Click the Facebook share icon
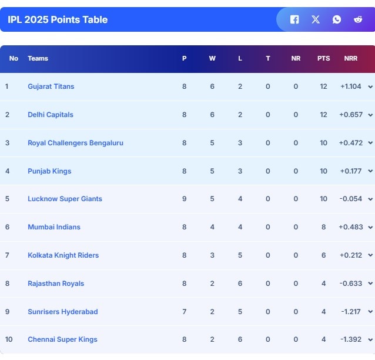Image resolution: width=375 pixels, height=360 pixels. pyautogui.click(x=294, y=19)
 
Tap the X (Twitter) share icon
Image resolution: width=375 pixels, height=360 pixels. pyautogui.click(x=316, y=19)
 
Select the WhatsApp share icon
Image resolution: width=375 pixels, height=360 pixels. pyautogui.click(x=337, y=19)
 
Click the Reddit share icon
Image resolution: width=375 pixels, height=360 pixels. pyautogui.click(x=358, y=19)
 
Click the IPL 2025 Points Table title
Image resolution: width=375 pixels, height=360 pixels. pyautogui.click(x=58, y=19)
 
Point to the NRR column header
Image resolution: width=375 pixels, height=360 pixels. pyautogui.click(x=351, y=58)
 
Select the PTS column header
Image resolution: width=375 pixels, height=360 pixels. pyautogui.click(x=323, y=58)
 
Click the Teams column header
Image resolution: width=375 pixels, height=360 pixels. pyautogui.click(x=38, y=58)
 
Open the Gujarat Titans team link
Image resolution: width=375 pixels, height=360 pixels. pyautogui.click(x=51, y=86)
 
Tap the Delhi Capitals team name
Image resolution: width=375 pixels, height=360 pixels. pyautogui.click(x=51, y=115)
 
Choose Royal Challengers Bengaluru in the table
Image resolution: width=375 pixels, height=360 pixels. pyautogui.click(x=75, y=143)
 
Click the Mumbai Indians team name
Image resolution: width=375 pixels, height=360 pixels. pyautogui.click(x=54, y=227)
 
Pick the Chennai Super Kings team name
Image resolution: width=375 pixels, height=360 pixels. pyautogui.click(x=62, y=339)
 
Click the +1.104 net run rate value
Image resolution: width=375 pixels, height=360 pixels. pyautogui.click(x=351, y=86)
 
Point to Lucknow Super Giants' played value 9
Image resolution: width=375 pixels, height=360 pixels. pyautogui.click(x=184, y=199)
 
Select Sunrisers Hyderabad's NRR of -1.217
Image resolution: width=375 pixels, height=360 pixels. pyautogui.click(x=351, y=312)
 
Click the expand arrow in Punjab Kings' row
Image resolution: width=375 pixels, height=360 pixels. pyautogui.click(x=370, y=171)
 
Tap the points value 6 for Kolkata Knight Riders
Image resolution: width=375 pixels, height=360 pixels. pyautogui.click(x=323, y=255)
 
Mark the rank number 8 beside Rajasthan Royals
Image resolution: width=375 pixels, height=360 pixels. pyautogui.click(x=7, y=284)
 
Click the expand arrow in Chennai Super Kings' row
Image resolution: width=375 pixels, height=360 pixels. pyautogui.click(x=370, y=340)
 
